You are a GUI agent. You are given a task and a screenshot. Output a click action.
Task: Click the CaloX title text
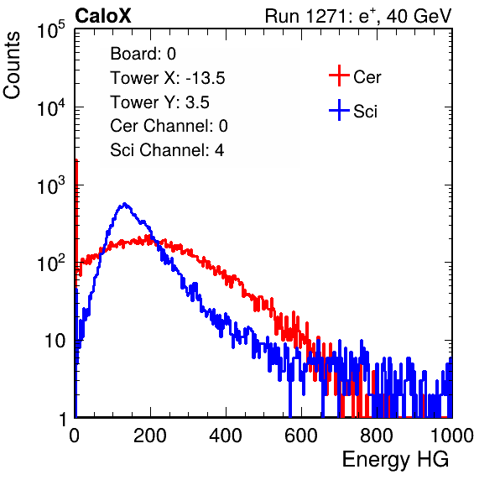click(x=103, y=16)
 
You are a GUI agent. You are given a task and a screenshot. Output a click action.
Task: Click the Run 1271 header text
click(x=358, y=16)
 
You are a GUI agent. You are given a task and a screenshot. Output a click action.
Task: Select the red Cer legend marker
click(x=339, y=76)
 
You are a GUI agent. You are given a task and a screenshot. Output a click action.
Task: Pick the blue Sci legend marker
click(x=339, y=110)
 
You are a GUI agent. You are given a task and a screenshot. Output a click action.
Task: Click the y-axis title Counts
click(x=12, y=65)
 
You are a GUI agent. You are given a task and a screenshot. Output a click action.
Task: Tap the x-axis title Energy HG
click(x=395, y=460)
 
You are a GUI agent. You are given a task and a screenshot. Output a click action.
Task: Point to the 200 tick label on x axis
click(x=150, y=436)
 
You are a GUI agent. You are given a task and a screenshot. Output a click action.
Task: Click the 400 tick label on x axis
click(x=226, y=436)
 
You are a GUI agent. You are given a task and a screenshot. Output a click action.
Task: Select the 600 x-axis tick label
click(x=301, y=436)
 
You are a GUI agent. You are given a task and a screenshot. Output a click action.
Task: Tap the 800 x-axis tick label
click(x=377, y=436)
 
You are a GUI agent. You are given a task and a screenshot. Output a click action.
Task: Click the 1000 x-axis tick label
click(x=452, y=436)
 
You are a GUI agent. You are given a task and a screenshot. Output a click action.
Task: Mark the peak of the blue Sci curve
click(x=124, y=203)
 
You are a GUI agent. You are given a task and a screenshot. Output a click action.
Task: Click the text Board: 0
click(x=143, y=54)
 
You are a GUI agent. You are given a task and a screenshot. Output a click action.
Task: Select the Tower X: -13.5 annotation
click(x=168, y=78)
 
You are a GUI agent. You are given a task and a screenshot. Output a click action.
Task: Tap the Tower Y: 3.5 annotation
click(x=159, y=102)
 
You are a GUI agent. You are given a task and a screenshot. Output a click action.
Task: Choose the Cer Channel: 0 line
click(x=169, y=126)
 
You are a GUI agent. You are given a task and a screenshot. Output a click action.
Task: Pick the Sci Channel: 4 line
click(x=167, y=150)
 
